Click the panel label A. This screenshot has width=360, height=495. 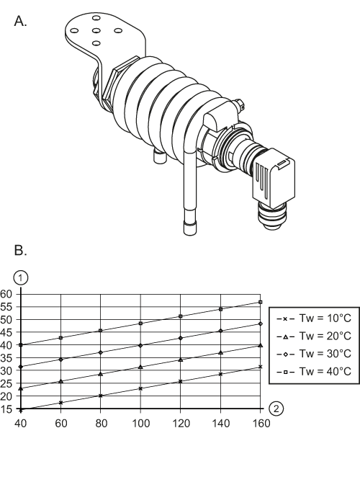point(20,21)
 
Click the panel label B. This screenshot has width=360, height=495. point(20,251)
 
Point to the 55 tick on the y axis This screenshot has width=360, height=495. point(7,307)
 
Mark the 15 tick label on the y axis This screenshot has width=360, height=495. point(7,409)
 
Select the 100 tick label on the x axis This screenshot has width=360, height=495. point(141,423)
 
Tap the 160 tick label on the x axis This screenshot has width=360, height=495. point(261,423)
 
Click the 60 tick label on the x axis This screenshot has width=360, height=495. point(62,423)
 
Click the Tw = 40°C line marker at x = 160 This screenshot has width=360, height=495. point(260,302)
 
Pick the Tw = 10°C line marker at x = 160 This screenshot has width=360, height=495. point(260,367)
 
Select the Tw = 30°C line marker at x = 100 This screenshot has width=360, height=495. point(141,346)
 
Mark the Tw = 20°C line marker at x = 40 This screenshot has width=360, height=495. point(22,388)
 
